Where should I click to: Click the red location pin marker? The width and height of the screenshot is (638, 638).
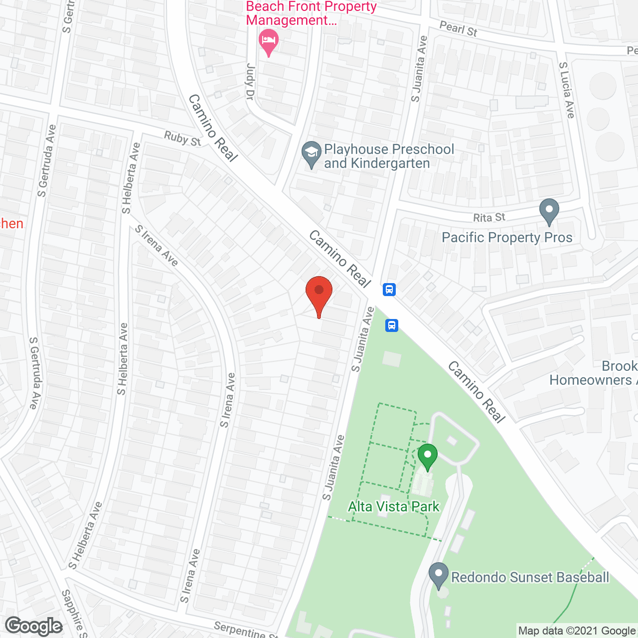coord(319,295)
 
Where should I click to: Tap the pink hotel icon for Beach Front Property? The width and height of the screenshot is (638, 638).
coord(269,41)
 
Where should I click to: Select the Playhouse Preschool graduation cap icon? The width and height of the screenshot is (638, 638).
coord(312,154)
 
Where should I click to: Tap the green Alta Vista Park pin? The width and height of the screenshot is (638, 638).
coord(427,456)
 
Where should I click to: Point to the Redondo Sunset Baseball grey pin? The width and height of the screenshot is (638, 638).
coord(439,575)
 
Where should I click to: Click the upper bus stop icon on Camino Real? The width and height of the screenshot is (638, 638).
coord(389,289)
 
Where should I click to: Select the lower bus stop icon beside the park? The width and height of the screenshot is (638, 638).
coord(392,325)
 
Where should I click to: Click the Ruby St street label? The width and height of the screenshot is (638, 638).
coord(182,139)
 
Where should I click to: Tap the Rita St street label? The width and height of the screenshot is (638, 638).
coord(489,217)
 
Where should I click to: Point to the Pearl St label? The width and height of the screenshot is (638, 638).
coord(458,29)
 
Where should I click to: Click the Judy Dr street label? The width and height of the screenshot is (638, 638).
coord(250,82)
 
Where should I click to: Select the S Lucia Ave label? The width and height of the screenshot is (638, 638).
coord(567,90)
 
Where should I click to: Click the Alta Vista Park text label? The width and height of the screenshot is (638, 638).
coord(393,506)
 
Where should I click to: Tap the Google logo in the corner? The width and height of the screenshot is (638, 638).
coord(34,626)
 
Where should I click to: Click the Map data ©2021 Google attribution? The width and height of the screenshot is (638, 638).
coord(577,631)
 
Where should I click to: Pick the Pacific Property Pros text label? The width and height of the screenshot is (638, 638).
coord(507,237)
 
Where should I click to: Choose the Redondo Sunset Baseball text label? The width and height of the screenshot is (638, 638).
coord(530,577)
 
